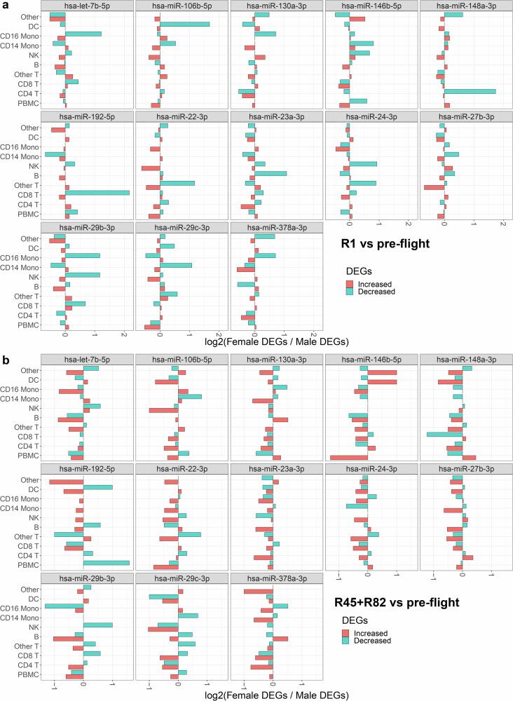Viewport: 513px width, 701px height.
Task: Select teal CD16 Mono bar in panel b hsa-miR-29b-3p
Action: [64, 606]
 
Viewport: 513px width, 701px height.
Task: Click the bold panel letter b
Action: [6, 360]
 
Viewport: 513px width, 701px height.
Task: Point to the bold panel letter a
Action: [6, 6]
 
